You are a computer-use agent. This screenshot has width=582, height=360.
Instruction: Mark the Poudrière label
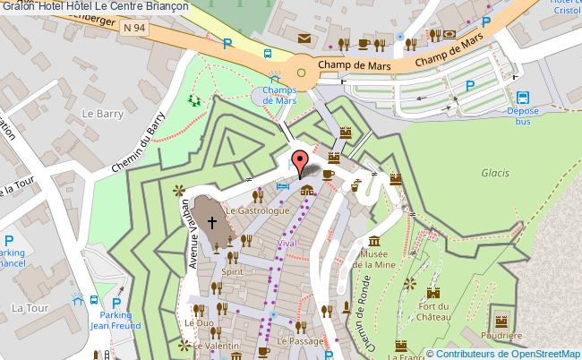(501, 336)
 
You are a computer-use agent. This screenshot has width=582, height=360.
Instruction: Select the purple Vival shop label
(287, 243)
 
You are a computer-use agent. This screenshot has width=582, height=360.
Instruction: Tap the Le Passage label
(300, 341)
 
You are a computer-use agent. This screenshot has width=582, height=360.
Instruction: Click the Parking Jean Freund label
(115, 320)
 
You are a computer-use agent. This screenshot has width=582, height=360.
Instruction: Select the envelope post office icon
(304, 39)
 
